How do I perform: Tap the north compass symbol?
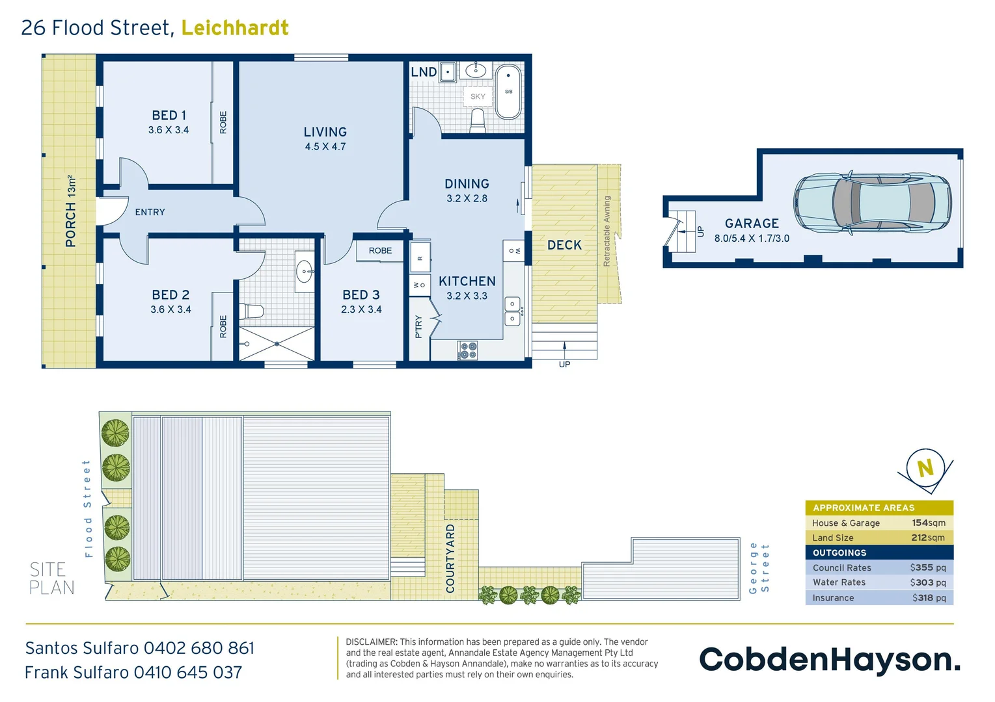(x=925, y=468)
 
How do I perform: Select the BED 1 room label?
(x=169, y=116)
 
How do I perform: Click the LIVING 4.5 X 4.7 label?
(x=325, y=138)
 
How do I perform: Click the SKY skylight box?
(x=478, y=96)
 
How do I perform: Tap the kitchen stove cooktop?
(x=468, y=350)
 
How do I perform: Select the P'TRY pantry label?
(x=418, y=326)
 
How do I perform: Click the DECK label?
(x=564, y=245)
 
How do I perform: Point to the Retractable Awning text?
(x=607, y=231)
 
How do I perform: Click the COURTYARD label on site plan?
(x=450, y=558)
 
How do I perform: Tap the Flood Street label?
(x=88, y=508)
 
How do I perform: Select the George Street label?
(x=759, y=567)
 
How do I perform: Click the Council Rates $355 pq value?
(x=927, y=567)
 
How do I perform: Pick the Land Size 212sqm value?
(x=927, y=538)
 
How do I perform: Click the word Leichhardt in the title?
(x=235, y=28)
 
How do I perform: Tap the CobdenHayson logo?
(x=829, y=659)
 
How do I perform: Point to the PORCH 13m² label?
(x=71, y=211)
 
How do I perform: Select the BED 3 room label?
(x=361, y=295)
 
